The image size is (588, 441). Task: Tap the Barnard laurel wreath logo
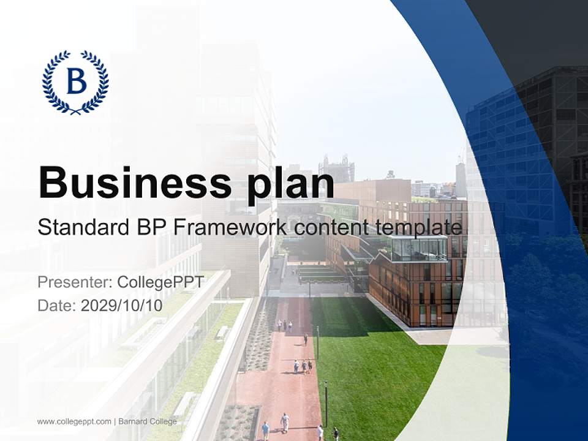[75, 82]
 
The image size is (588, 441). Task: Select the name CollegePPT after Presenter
[160, 282]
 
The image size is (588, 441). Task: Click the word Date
[57, 306]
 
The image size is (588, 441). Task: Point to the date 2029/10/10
[122, 306]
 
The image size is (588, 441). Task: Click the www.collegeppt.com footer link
[74, 421]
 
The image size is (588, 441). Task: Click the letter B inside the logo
[76, 81]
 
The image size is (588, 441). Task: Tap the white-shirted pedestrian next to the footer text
[285, 421]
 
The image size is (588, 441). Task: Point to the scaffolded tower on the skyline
[336, 168]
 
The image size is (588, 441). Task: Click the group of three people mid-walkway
[303, 366]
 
